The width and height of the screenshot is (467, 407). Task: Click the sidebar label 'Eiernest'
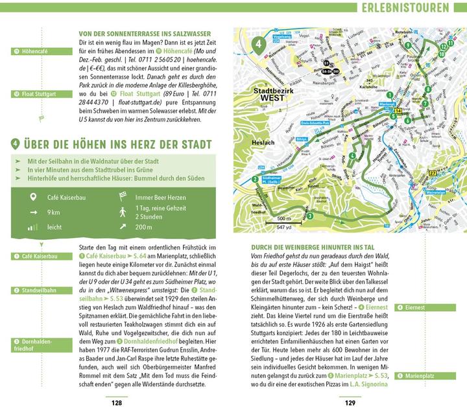point(421,307)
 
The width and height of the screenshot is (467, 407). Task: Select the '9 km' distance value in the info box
point(54,212)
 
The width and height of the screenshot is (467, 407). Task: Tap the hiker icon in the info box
point(121,212)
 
